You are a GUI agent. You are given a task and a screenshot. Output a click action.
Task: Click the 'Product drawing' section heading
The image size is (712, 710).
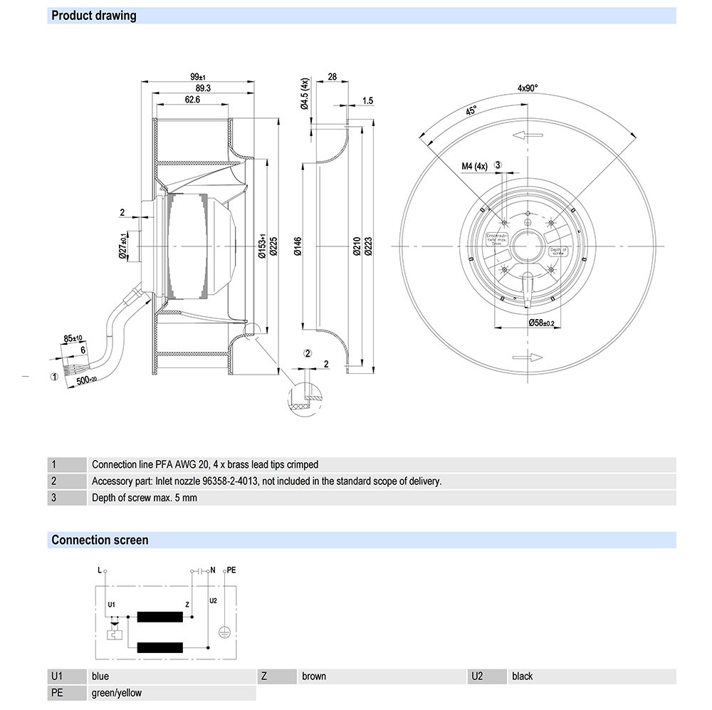tap(94, 16)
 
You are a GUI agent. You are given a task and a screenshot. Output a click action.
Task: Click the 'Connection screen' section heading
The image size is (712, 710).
tap(100, 540)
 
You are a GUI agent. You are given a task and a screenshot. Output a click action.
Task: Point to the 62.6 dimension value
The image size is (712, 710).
tap(192, 100)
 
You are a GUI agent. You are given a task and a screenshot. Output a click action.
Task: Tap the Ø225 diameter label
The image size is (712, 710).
tap(273, 245)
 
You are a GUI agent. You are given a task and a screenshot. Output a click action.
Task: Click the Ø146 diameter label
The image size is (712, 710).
tap(298, 246)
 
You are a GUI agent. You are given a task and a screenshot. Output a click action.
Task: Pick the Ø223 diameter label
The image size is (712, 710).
tap(368, 246)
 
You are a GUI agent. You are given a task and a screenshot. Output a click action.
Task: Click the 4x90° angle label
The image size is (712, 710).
tap(528, 88)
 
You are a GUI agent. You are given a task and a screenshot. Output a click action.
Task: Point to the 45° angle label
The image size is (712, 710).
tap(472, 112)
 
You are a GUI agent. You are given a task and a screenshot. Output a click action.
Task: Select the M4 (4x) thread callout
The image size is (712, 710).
tap(473, 167)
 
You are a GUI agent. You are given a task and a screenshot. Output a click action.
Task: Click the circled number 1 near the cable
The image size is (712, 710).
tap(54, 376)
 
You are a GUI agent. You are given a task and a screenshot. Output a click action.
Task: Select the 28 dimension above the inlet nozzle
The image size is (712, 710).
tap(333, 76)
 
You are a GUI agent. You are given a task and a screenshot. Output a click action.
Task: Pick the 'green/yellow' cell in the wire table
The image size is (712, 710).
tap(117, 693)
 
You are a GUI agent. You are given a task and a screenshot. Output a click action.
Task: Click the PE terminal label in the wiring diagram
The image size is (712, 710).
tap(231, 570)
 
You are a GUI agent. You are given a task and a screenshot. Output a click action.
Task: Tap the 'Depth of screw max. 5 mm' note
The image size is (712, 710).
tap(145, 498)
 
